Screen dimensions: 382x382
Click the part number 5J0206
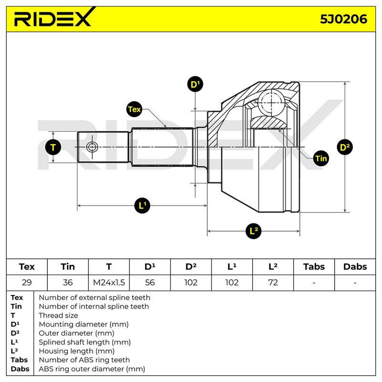point(343,19)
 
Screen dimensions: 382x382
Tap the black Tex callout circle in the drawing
point(134,109)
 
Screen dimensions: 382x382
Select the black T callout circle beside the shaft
point(53,147)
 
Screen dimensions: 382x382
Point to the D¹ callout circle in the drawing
point(195,85)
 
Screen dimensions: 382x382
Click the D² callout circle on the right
point(344,147)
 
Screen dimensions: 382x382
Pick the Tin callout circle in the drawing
point(321,159)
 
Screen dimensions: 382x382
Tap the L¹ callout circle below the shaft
point(142,205)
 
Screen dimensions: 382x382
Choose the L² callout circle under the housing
point(254,231)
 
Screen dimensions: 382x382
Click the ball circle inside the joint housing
point(271,102)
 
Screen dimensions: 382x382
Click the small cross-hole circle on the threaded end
point(92,147)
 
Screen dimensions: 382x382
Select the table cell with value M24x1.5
point(109,282)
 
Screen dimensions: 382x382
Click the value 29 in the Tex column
point(27,282)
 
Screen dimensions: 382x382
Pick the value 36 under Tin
point(68,282)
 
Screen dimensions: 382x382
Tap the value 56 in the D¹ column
point(150,282)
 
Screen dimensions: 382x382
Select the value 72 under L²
point(273,282)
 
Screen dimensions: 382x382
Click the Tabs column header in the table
point(314,267)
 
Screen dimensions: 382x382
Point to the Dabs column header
point(355,267)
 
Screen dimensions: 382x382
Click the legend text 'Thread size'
point(58,315)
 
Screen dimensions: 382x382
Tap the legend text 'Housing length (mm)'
point(76,351)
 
